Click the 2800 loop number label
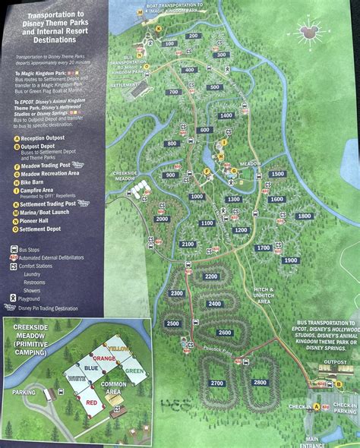click(260, 382)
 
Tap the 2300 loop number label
click(177, 293)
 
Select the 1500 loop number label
click(277, 174)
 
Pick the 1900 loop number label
click(290, 260)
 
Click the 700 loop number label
click(172, 92)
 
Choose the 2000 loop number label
click(161, 219)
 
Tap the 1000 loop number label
click(197, 196)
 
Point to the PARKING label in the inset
click(25, 393)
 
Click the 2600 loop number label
click(225, 333)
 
